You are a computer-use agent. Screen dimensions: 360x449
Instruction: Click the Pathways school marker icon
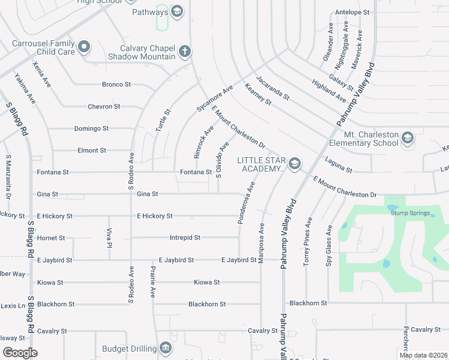click(x=177, y=11)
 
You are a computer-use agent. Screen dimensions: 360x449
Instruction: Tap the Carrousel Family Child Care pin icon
click(x=83, y=46)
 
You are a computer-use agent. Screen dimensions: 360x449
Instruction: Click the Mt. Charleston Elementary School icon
click(x=408, y=138)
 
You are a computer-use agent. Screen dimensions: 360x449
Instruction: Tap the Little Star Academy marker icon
click(x=294, y=163)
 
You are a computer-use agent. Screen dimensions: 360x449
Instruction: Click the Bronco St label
click(x=116, y=85)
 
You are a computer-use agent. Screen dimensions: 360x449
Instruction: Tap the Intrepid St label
click(x=185, y=238)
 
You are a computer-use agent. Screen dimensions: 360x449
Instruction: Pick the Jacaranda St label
click(x=273, y=88)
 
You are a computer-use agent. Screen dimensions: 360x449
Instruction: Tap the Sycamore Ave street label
click(x=214, y=98)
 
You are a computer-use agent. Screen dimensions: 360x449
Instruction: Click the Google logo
click(x=20, y=353)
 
